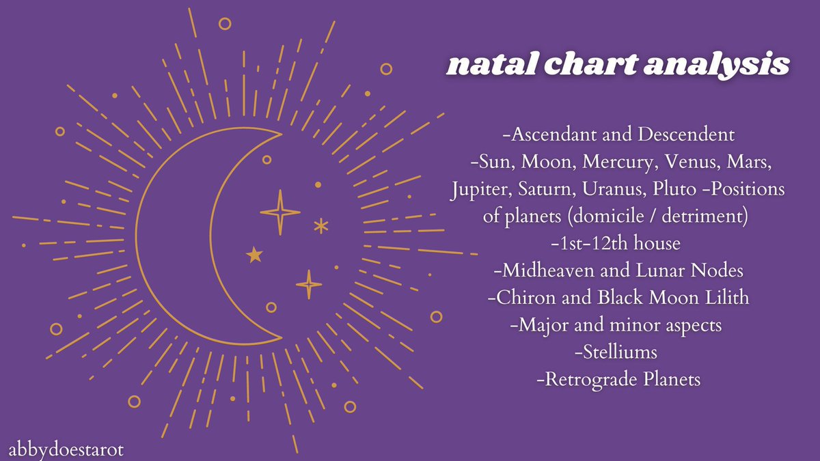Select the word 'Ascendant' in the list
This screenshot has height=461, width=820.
(x=551, y=135)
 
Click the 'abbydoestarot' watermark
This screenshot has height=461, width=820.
(x=66, y=451)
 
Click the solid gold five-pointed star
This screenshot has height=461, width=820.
(x=254, y=255)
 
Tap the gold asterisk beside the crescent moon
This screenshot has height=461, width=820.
(x=320, y=226)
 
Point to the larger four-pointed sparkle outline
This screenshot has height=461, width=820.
(x=279, y=212)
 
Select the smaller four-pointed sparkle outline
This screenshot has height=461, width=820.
(x=309, y=283)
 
